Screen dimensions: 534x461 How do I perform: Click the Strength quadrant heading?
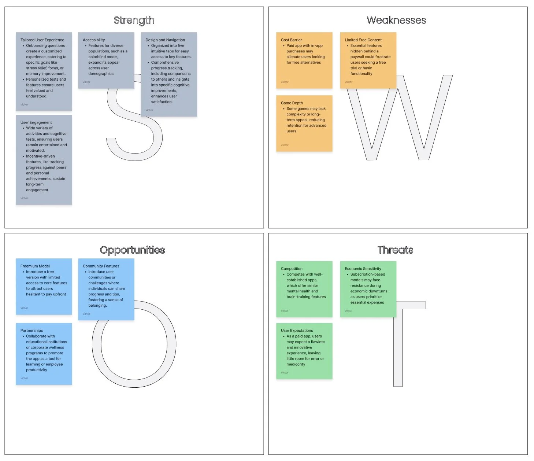pos(134,21)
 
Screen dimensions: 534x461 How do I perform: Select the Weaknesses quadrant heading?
pos(396,21)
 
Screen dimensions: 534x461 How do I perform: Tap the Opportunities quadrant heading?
pos(132,250)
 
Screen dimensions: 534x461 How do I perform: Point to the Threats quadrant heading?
pos(395,250)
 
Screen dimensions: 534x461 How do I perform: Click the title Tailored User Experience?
pos(42,40)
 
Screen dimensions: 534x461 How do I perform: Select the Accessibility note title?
pos(94,40)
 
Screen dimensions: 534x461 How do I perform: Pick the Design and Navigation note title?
pos(165,40)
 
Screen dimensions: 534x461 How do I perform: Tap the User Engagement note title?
pos(36,122)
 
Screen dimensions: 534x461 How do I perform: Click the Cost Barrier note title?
pos(291,40)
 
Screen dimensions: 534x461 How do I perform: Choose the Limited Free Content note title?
pos(363,40)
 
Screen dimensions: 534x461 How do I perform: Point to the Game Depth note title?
pos(292,103)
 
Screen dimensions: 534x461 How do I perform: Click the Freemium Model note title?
pos(35,266)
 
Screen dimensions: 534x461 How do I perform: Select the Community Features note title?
pos(101,266)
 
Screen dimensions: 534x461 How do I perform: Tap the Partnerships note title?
pos(31,331)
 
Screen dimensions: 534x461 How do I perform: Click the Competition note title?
pos(292,269)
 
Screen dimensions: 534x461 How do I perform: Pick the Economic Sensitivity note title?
pos(363,269)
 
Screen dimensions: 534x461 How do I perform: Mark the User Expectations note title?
pos(297,331)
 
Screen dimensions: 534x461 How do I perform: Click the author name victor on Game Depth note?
pos(285,145)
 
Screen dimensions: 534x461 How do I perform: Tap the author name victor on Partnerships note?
pos(24,378)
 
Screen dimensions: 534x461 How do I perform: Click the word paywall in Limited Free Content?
pos(358,57)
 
